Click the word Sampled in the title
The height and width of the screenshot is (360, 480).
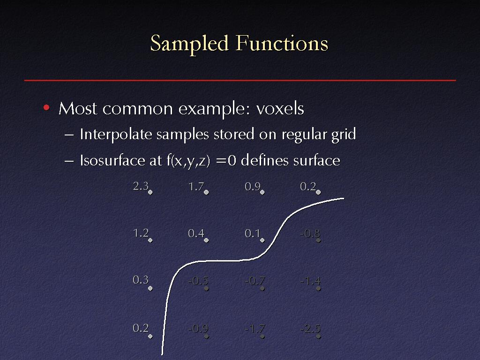189,44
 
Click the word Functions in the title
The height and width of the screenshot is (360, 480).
282,43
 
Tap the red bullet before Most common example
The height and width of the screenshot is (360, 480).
46,107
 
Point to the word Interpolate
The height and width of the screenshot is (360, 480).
116,135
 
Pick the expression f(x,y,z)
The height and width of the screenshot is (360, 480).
188,161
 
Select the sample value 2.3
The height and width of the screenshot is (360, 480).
141,186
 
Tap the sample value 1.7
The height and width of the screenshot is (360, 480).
196,186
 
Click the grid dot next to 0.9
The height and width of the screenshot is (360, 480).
262,192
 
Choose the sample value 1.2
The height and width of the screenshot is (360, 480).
141,233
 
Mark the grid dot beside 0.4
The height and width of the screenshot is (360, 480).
206,240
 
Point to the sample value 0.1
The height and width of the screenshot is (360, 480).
252,233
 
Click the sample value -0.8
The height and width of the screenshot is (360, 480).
310,233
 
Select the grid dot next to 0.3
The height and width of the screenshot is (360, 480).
150,288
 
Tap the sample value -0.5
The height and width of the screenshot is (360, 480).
198,280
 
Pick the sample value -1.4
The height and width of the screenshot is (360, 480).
310,280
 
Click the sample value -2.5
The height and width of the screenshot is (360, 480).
310,329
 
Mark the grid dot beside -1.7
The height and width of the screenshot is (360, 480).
262,337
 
